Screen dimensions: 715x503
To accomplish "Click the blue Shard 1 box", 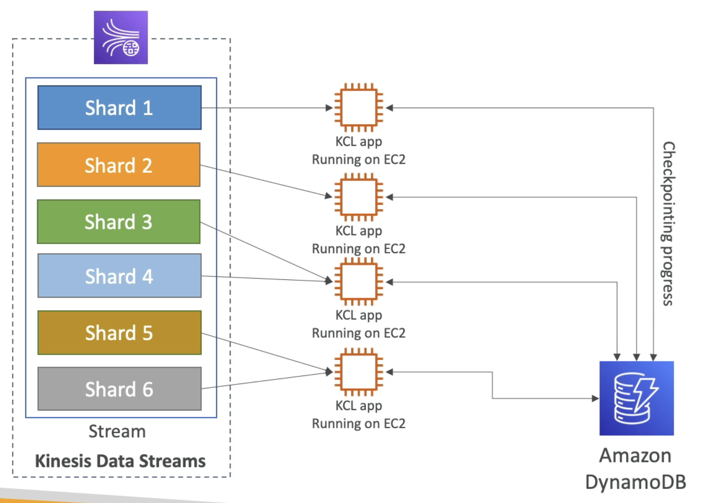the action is pos(119,107).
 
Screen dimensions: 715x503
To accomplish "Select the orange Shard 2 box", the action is pos(119,165).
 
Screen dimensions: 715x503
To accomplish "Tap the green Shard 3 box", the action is pos(119,222).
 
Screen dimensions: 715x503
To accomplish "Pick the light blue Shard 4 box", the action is pos(119,276).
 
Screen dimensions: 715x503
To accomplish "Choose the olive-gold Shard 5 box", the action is pos(119,332).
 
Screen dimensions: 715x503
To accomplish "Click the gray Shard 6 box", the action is pos(119,389).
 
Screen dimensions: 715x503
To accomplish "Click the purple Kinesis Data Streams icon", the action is pos(121,37).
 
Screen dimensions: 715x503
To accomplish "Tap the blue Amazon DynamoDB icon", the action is pos(636,398).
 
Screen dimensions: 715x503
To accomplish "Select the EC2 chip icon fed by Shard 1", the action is pos(359,107).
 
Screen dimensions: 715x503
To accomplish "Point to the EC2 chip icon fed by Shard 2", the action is pos(359,197).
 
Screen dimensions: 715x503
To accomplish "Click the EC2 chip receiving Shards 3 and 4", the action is pos(359,282).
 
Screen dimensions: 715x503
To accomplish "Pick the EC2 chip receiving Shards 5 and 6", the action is pos(359,372).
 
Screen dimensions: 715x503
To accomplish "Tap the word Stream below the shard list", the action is pos(117,431).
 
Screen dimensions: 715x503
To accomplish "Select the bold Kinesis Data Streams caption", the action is pos(120,461).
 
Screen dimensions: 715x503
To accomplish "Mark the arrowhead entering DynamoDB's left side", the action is pos(595,398).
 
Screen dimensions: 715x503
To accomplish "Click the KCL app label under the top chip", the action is pos(359,142).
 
